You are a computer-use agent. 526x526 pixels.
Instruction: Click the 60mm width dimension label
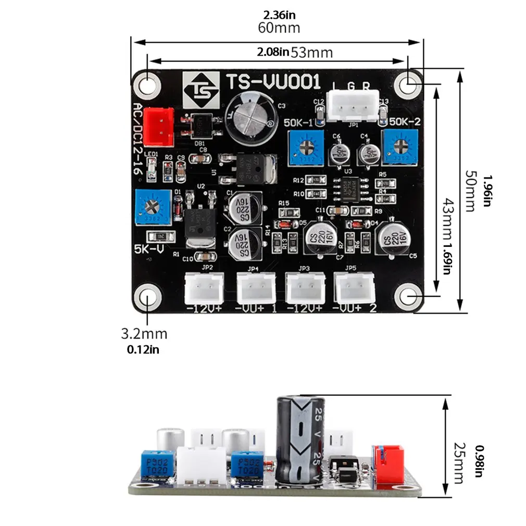[x=279, y=28]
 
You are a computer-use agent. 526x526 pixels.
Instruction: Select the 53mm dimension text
[x=311, y=52]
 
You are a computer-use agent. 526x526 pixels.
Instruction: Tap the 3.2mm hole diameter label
[x=144, y=333]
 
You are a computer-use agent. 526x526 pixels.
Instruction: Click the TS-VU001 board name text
[x=273, y=83]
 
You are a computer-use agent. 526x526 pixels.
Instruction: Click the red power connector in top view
[x=158, y=127]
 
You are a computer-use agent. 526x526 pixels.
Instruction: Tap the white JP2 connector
[x=205, y=288]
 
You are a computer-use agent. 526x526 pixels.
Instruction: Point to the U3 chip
[x=352, y=186]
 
